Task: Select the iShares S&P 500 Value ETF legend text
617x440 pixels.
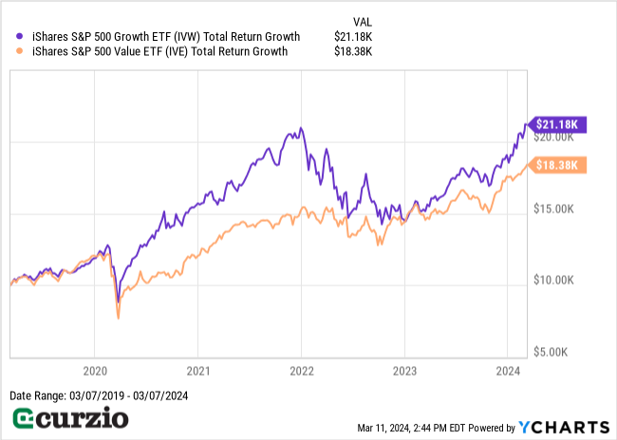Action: pyautogui.click(x=158, y=52)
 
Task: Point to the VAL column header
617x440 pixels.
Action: pyautogui.click(x=362, y=19)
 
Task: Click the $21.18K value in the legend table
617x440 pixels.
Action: pyautogui.click(x=353, y=37)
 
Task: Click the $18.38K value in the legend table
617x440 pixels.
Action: pyautogui.click(x=353, y=52)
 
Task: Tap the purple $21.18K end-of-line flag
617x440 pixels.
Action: pyautogui.click(x=559, y=124)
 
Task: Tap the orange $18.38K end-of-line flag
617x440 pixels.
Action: pyautogui.click(x=559, y=165)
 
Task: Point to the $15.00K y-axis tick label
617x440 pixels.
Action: pyautogui.click(x=553, y=209)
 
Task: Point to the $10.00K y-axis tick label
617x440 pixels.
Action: pyautogui.click(x=553, y=281)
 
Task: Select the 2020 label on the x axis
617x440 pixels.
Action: pyautogui.click(x=95, y=371)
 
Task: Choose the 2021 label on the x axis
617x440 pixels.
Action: pyautogui.click(x=198, y=371)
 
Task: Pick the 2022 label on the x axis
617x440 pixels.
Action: pyautogui.click(x=302, y=371)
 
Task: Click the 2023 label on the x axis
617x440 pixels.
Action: pyautogui.click(x=405, y=371)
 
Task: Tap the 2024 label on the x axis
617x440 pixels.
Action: pyautogui.click(x=508, y=371)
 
